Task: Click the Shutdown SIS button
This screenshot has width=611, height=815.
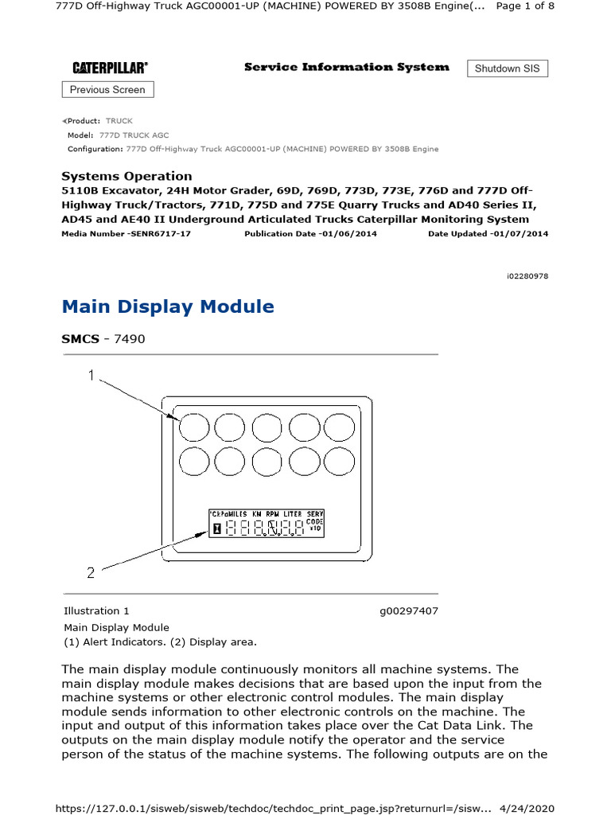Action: tap(507, 68)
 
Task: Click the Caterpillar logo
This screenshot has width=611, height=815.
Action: tap(110, 68)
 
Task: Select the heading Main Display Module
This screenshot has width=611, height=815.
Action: tap(168, 306)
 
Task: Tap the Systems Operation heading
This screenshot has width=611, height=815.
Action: tap(126, 176)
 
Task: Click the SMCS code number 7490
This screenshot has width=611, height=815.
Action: tap(130, 339)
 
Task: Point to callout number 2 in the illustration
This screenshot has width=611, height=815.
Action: tap(91, 571)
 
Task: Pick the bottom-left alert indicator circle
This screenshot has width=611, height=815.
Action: tap(192, 462)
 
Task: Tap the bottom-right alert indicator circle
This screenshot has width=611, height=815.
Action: tap(339, 462)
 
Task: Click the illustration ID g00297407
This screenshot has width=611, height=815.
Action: tap(409, 611)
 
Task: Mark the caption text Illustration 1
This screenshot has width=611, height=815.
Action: tap(96, 611)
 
